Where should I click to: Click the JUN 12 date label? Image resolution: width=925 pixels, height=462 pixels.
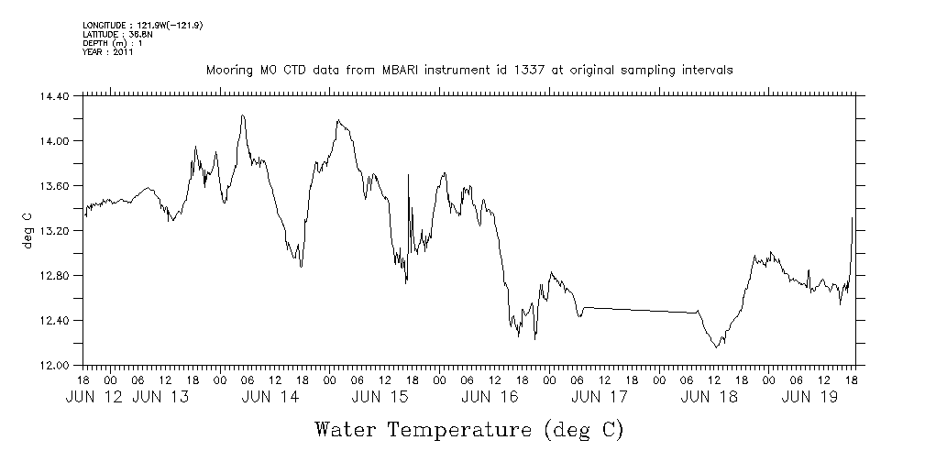(x=95, y=397)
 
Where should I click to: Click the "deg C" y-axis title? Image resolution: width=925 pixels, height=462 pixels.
(x=28, y=229)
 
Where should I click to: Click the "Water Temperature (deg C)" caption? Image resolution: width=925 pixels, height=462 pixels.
(x=469, y=430)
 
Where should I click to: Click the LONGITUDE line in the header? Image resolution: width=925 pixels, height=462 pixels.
(x=142, y=25)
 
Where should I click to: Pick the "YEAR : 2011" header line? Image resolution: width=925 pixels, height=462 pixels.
(x=108, y=52)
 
